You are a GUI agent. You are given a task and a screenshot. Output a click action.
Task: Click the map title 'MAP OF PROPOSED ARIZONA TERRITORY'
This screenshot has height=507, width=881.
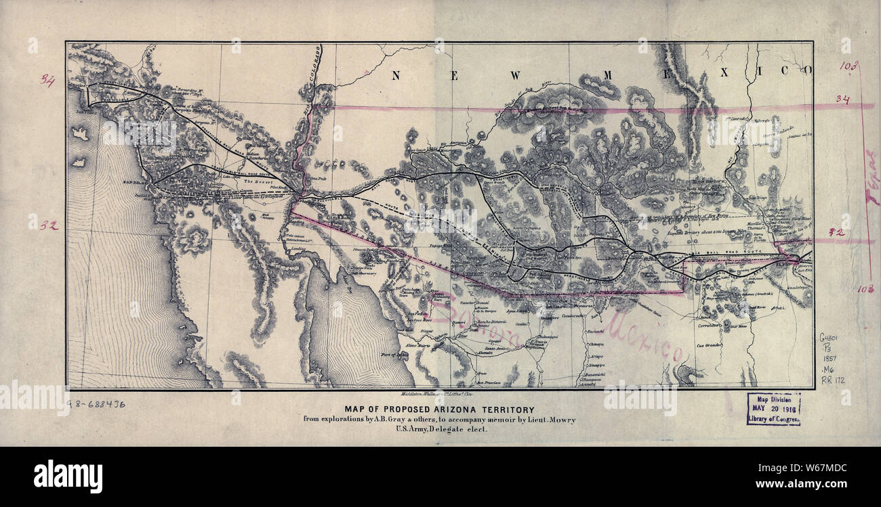(439, 410)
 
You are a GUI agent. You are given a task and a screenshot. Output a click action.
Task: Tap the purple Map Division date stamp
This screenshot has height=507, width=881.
(774, 410)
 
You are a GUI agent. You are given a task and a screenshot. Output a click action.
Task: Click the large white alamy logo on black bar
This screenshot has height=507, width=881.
(68, 476)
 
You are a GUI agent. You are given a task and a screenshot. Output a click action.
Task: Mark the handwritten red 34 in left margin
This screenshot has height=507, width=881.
(47, 81)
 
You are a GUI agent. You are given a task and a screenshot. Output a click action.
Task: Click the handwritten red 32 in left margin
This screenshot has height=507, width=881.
(47, 225)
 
